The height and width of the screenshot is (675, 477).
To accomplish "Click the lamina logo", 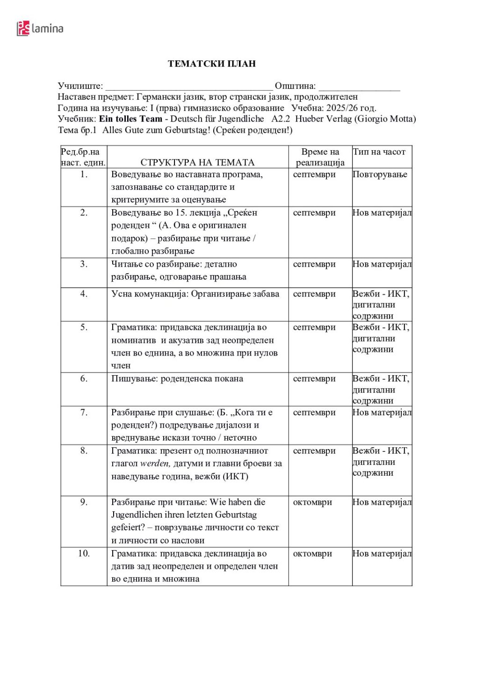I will pos(40,29).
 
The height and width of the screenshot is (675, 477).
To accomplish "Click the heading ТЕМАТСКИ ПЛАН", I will pos(212,64).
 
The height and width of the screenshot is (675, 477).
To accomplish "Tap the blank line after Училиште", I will pos(189,87).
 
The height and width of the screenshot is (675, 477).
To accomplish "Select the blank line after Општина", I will pos(359,87).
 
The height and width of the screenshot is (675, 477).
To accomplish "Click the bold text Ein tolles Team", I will pos(130,119).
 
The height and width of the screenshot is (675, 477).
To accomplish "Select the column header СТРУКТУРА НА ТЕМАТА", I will pos(197,162).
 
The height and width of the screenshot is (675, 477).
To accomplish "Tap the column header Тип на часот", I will pos(379,152).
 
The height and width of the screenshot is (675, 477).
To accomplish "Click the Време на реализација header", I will pos(320,157).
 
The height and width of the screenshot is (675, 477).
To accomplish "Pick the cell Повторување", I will pos(380,174).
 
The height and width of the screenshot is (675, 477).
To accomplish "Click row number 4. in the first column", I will pos(84,294).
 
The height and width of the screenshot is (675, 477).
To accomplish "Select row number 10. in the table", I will pos(84,553).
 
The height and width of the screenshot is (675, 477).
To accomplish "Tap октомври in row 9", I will pos(312,502).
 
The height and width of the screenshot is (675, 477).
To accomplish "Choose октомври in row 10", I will pos(312,553).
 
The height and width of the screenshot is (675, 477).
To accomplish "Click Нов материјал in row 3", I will pos(382,264).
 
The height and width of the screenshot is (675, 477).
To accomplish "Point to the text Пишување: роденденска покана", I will pos(177,378).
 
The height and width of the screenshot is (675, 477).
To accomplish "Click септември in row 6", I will pos(314,378).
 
